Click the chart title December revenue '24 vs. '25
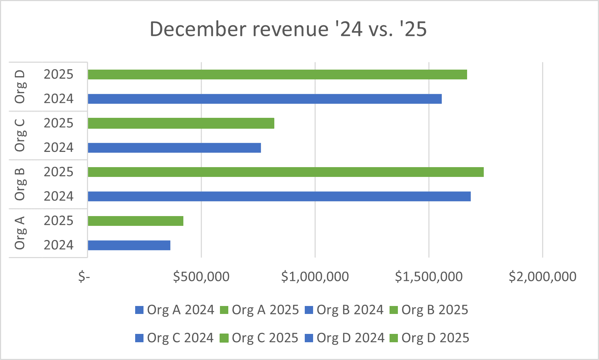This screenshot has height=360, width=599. pyautogui.click(x=288, y=29)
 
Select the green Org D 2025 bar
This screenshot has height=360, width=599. pyautogui.click(x=277, y=74)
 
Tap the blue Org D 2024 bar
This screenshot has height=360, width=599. pyautogui.click(x=265, y=99)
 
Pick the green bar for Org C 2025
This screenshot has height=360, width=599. pyautogui.click(x=181, y=123)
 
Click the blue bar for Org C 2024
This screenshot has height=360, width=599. pyautogui.click(x=174, y=148)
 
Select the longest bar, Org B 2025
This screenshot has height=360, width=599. pyautogui.click(x=286, y=172)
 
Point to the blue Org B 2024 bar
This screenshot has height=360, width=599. pyautogui.click(x=279, y=196)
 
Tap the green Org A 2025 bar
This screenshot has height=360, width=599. pyautogui.click(x=136, y=221)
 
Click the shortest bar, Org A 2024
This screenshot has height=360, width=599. pyautogui.click(x=129, y=245)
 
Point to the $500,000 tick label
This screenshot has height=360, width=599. pyautogui.click(x=201, y=277)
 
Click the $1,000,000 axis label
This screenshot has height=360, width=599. pyautogui.click(x=315, y=277)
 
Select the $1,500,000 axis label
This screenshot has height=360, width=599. pyautogui.click(x=429, y=277)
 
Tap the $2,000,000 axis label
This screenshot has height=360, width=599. pyautogui.click(x=542, y=277)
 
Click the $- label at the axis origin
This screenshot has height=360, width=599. pyautogui.click(x=84, y=277)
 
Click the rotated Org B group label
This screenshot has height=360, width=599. pyautogui.click(x=20, y=184)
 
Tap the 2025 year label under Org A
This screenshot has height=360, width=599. pyautogui.click(x=58, y=221)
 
